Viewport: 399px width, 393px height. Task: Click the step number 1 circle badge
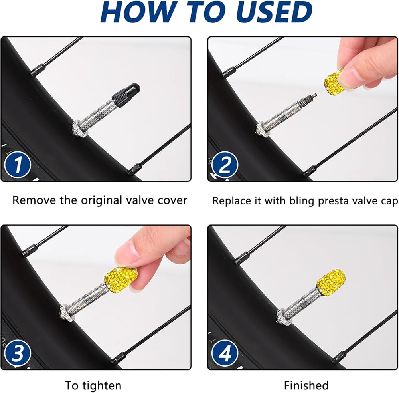point(18,165)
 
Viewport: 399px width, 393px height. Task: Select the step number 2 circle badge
point(225,165)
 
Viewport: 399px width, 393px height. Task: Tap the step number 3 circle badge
point(18,353)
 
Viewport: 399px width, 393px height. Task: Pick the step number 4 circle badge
point(225,353)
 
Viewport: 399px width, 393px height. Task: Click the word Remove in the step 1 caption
point(34,200)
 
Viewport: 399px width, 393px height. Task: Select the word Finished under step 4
point(306,385)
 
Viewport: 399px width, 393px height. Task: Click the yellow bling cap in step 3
point(121,279)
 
